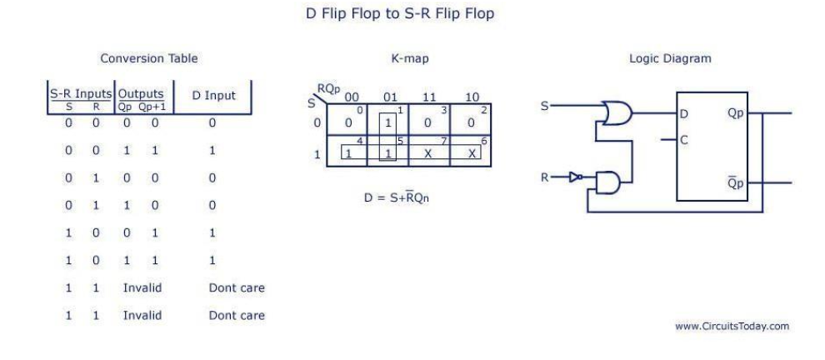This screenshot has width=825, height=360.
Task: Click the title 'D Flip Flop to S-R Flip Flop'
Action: point(399,14)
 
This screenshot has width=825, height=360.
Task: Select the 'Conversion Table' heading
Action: point(149,58)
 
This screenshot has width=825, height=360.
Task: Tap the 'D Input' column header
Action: point(214,96)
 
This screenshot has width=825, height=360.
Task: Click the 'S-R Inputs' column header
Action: point(79,93)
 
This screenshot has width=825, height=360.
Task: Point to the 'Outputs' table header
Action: point(141,93)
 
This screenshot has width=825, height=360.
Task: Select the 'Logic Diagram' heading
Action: point(670,58)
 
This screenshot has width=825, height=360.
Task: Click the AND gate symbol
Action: point(607,182)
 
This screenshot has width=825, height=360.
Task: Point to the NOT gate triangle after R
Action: point(575,177)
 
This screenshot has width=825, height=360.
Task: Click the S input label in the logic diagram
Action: point(545,107)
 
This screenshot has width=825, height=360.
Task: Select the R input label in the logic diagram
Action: point(545,177)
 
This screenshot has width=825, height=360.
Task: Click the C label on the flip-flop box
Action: point(684,140)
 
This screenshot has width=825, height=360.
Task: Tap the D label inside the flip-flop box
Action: point(684,114)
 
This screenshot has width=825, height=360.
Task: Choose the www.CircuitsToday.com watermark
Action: point(732,326)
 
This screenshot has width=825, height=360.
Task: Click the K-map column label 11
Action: point(429,97)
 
